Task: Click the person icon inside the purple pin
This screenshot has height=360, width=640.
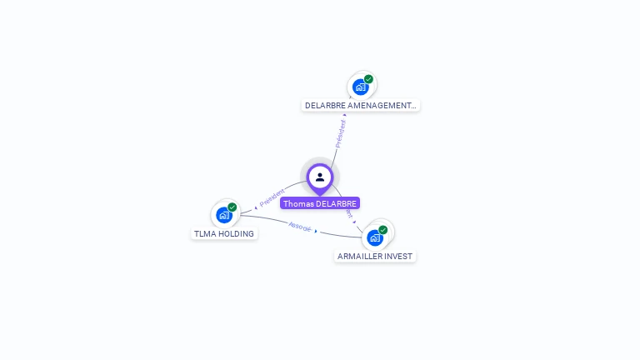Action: (319, 177)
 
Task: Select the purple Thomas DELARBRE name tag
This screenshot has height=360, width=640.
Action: (320, 203)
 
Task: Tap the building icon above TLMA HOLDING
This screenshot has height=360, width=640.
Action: (223, 215)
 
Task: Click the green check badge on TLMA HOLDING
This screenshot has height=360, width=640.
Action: (232, 207)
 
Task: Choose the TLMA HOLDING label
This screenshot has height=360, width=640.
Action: (224, 234)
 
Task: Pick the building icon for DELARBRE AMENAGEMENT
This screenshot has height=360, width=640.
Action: (360, 87)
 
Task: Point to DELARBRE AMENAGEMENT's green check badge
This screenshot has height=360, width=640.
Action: (368, 79)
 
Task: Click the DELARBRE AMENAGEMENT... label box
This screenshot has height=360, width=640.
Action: (361, 106)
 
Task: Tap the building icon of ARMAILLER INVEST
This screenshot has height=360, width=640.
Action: (375, 237)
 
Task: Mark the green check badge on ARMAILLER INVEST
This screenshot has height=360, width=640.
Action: (383, 229)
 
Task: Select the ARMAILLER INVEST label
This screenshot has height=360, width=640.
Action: (375, 256)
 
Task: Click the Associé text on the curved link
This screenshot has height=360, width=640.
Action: (299, 226)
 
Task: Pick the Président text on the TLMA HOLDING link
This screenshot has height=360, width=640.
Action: (272, 198)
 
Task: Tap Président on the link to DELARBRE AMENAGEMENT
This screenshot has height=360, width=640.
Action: (340, 133)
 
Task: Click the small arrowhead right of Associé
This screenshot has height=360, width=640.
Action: (316, 231)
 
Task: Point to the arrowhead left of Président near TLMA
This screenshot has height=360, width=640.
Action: (257, 207)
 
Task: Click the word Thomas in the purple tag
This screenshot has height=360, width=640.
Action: (296, 203)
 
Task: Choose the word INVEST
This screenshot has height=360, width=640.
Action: (397, 256)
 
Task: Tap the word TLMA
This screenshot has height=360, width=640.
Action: (204, 234)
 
